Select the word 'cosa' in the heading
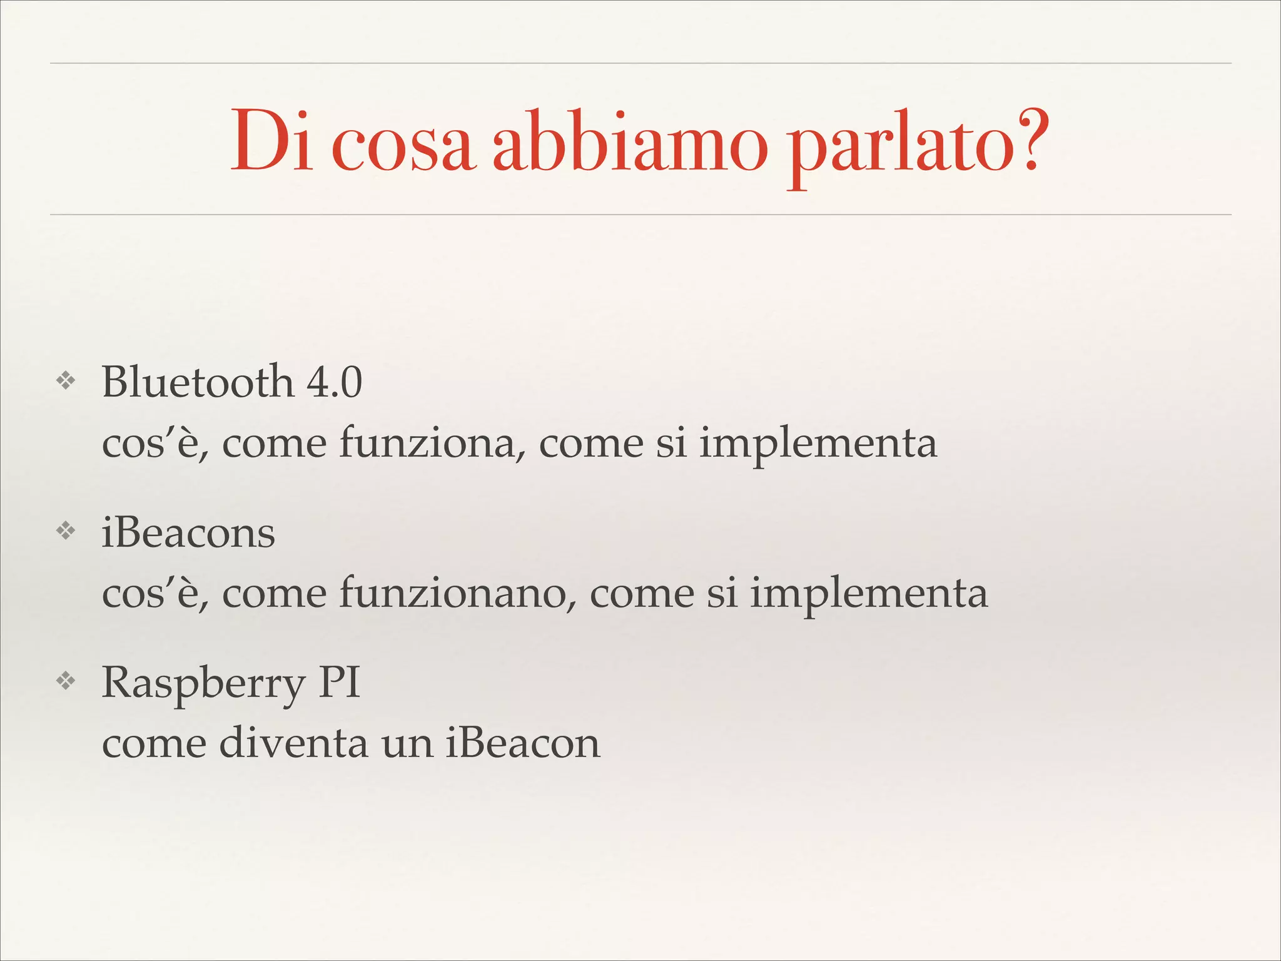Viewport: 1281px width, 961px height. [402, 148]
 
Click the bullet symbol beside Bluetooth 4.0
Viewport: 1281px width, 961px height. [66, 381]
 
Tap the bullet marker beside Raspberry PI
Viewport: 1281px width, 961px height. [66, 681]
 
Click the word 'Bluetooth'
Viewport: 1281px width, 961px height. [198, 381]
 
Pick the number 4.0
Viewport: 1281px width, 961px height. [334, 382]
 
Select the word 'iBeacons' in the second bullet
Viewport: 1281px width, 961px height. [188, 534]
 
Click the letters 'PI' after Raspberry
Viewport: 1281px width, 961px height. [340, 683]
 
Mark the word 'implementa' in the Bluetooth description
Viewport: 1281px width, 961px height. [818, 444]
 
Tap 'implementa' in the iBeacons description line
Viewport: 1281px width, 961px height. [869, 594]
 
